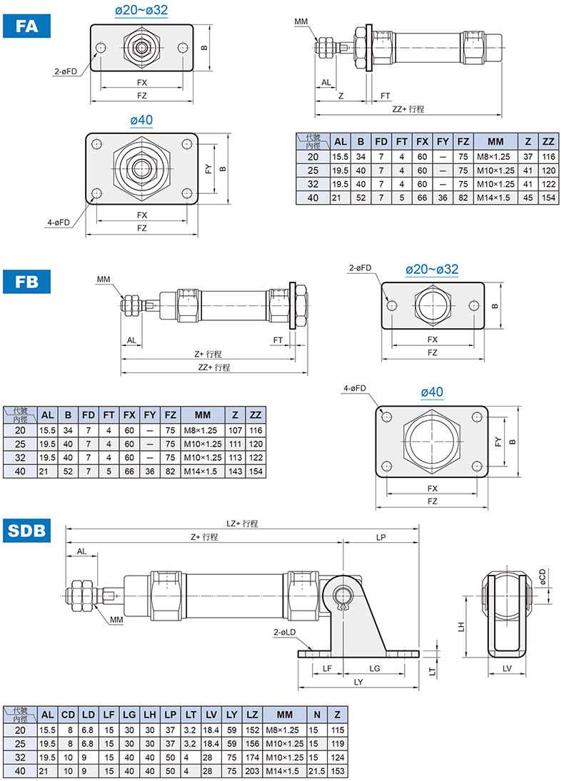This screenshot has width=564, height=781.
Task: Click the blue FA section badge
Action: (27, 26)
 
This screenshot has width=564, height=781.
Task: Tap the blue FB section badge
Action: (27, 282)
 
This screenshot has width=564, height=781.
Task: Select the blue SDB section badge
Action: (27, 531)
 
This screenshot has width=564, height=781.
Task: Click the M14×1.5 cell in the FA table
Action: (493, 198)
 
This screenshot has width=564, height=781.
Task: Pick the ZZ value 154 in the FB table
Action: (256, 471)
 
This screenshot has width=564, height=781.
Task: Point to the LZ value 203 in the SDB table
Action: (252, 771)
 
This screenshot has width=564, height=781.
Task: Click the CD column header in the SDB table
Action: (68, 715)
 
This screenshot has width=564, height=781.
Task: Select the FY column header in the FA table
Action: (443, 141)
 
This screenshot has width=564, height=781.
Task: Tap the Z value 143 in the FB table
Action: (236, 471)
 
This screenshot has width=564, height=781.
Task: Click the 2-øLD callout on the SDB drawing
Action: (284, 632)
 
